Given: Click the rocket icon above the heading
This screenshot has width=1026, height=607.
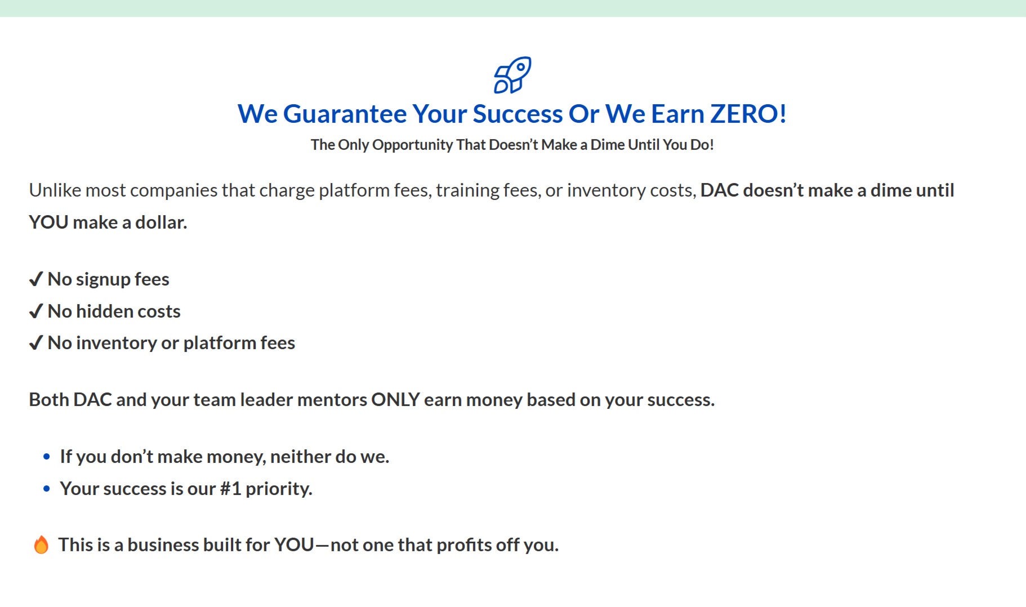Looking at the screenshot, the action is pyautogui.click(x=512, y=75).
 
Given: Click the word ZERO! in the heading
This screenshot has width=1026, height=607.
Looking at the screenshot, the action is pyautogui.click(x=748, y=114).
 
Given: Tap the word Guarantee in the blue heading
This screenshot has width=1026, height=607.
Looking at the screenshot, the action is pyautogui.click(x=345, y=114).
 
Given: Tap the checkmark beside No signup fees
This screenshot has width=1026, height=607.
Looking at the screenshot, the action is pyautogui.click(x=36, y=279).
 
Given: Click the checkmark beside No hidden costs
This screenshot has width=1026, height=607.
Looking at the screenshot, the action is pyautogui.click(x=36, y=311).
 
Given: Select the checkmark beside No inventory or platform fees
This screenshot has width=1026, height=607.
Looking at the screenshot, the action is pyautogui.click(x=36, y=342).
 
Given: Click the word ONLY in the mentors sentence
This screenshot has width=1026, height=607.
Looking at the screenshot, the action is pyautogui.click(x=395, y=400).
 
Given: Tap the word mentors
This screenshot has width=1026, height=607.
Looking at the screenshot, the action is pyautogui.click(x=332, y=400).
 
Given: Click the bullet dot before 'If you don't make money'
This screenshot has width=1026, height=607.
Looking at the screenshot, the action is pyautogui.click(x=47, y=457).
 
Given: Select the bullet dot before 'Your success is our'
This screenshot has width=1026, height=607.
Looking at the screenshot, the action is pyautogui.click(x=47, y=489).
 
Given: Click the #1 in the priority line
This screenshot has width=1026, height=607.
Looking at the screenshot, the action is pyautogui.click(x=230, y=489).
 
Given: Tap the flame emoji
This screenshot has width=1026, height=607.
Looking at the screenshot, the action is pyautogui.click(x=41, y=544).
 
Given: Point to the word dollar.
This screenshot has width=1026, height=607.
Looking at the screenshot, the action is pyautogui.click(x=161, y=222).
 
